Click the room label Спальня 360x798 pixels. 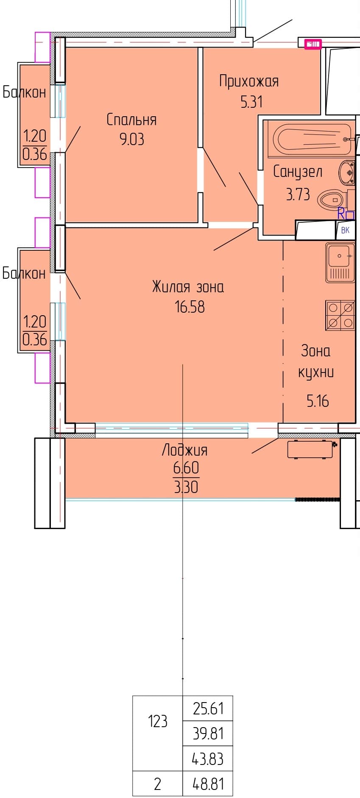[x=131, y=120]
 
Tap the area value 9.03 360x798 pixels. [x=132, y=139]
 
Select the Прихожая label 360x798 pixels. [x=249, y=81]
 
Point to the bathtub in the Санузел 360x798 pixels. [x=313, y=139]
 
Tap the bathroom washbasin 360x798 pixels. [x=347, y=173]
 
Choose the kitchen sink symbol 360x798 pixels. [x=340, y=263]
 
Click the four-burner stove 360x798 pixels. [x=340, y=315]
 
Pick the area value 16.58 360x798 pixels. [x=190, y=306]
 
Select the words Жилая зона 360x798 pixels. [x=188, y=287]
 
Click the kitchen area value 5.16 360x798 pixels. [x=318, y=401]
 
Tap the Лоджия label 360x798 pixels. [x=185, y=450]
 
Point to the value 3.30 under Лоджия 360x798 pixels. [x=186, y=487]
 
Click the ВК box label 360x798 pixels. [x=345, y=230]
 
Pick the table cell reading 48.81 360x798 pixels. [x=208, y=784]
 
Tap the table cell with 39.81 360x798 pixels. [x=208, y=733]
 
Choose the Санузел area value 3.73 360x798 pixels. [x=298, y=194]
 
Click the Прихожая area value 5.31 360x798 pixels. [x=251, y=102]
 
